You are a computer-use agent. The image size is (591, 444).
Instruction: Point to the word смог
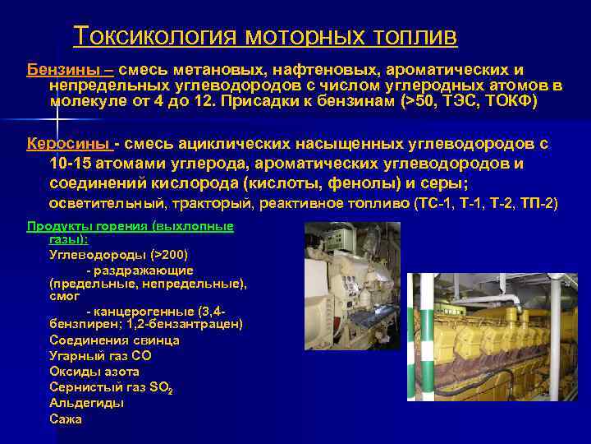click(64, 297)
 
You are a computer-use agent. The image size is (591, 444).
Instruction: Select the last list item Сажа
click(66, 419)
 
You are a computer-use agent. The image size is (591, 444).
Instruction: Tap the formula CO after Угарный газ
click(141, 356)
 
